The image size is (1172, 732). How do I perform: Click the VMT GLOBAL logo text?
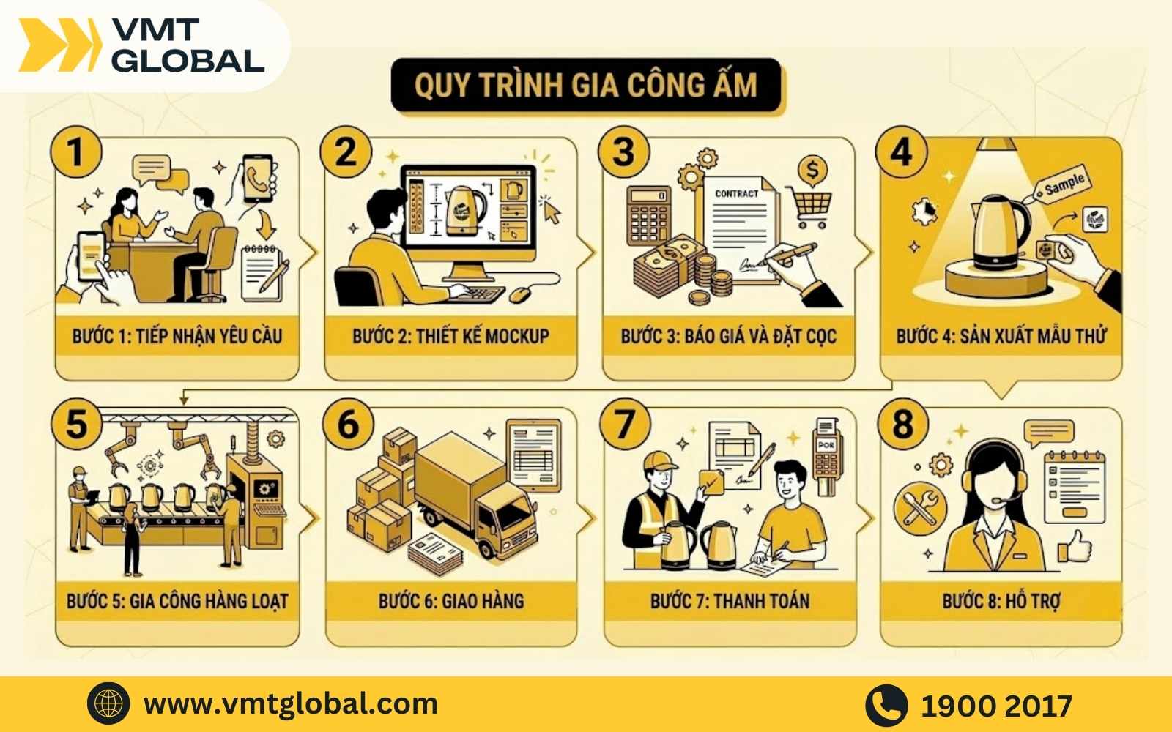pyautogui.click(x=188, y=45)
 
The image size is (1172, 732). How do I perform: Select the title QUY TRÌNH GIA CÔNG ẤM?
pyautogui.click(x=586, y=85)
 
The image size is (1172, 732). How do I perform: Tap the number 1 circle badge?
pyautogui.click(x=75, y=153)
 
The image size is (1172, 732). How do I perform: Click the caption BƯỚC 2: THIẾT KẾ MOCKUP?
pyautogui.click(x=450, y=336)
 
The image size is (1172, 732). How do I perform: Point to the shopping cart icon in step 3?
pyautogui.click(x=810, y=206)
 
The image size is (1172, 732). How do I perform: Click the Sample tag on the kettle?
pyautogui.click(x=1064, y=184)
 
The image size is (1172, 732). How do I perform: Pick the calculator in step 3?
pyautogui.click(x=648, y=214)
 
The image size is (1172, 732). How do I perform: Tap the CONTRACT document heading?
pyautogui.click(x=736, y=193)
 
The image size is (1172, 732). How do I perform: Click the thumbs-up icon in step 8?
pyautogui.click(x=1075, y=545)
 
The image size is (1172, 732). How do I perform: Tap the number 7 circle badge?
pyautogui.click(x=624, y=425)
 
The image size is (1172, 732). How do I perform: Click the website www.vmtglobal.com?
pyautogui.click(x=291, y=704)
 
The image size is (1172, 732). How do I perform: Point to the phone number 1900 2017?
pyautogui.click(x=996, y=706)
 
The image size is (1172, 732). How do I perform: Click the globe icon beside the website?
pyautogui.click(x=108, y=704)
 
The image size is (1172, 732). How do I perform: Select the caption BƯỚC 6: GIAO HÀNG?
pyautogui.click(x=450, y=601)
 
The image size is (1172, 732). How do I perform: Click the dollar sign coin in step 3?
pyautogui.click(x=812, y=171)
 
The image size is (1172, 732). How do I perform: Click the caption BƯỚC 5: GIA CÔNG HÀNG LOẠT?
pyautogui.click(x=177, y=601)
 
